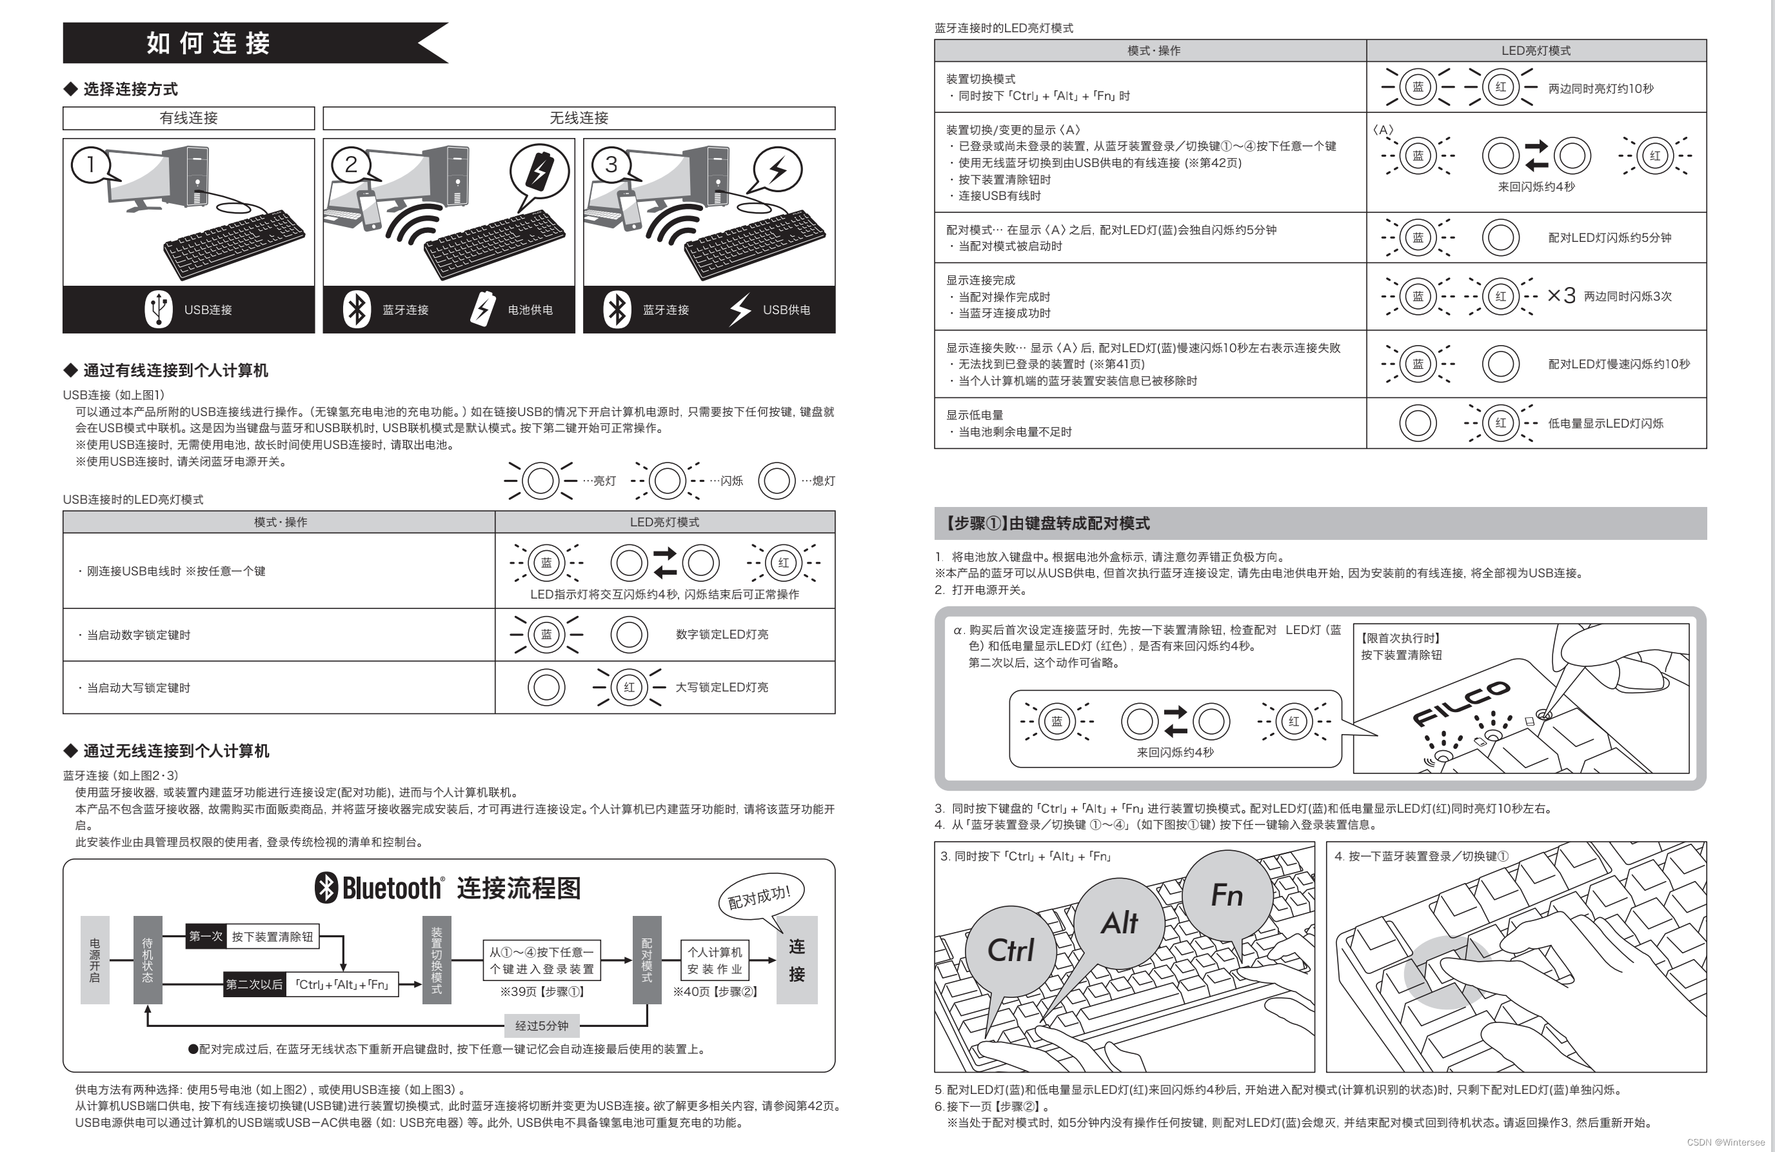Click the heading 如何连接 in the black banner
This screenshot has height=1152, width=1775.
coord(208,43)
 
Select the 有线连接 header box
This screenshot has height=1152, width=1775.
coord(189,118)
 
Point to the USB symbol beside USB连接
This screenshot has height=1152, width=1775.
coord(158,309)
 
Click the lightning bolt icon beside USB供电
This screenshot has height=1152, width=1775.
coord(740,310)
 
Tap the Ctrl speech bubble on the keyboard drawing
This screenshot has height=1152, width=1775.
coord(1011,950)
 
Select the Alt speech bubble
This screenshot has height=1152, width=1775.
coord(1118,923)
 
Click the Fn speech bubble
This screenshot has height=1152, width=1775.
coord(1227,895)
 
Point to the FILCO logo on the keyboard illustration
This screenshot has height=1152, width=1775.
coord(1461,702)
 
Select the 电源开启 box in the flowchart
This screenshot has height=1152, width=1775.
coord(95,960)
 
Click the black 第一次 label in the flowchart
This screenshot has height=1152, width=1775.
coord(205,937)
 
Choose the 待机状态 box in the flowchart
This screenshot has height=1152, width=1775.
coord(148,960)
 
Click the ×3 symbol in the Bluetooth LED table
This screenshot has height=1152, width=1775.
coord(1561,296)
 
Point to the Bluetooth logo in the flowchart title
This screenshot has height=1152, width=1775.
coord(326,888)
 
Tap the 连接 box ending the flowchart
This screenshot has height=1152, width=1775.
coord(797,960)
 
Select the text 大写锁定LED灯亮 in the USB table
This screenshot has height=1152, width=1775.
coord(721,688)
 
